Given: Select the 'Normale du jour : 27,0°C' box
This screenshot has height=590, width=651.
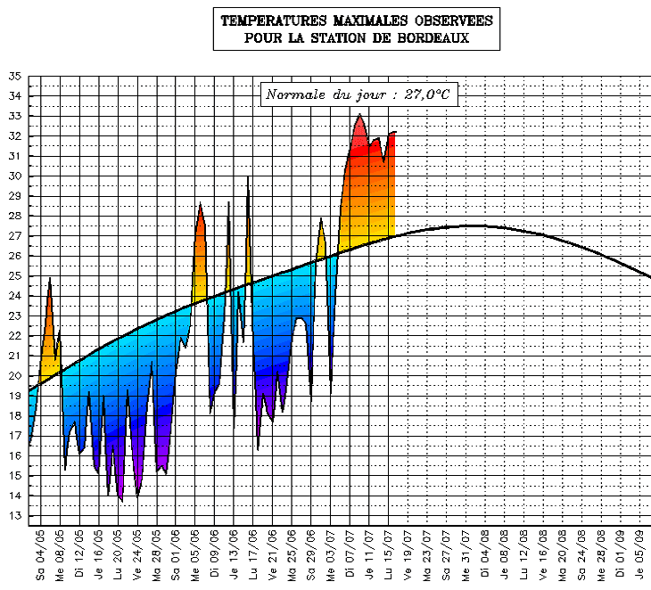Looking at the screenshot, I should tap(358, 94).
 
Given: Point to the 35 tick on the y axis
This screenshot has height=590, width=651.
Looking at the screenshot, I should tap(15, 77).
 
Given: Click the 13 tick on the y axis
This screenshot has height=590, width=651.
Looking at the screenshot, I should tap(15, 516).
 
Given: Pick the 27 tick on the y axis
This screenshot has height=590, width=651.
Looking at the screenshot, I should tap(15, 236).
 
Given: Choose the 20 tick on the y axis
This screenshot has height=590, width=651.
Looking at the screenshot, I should tap(15, 376).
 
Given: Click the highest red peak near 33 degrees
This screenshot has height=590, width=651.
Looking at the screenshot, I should tap(359, 116).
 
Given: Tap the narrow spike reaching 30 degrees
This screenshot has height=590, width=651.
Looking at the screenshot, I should tap(248, 178).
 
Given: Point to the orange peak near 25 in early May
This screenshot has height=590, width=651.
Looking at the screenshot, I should tap(50, 280).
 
